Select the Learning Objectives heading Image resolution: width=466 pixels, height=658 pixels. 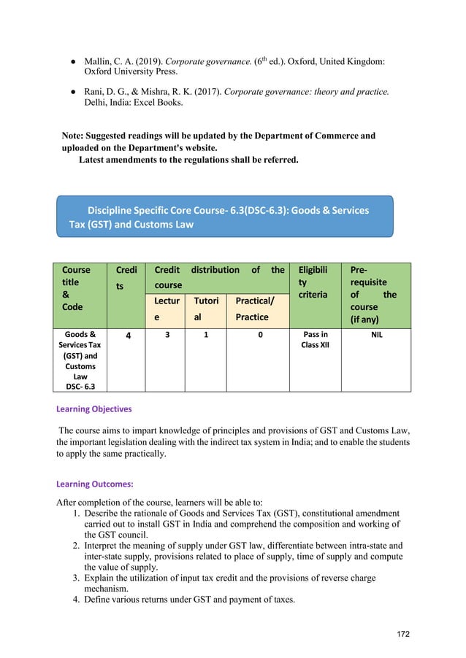point(94,409)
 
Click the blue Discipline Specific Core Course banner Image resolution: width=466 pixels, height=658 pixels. point(225,217)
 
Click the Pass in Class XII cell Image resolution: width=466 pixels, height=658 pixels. point(315,341)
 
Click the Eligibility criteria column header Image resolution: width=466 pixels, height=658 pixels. point(315,282)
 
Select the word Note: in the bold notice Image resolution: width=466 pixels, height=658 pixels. point(77,136)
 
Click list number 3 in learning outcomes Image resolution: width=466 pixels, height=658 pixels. point(76,578)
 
